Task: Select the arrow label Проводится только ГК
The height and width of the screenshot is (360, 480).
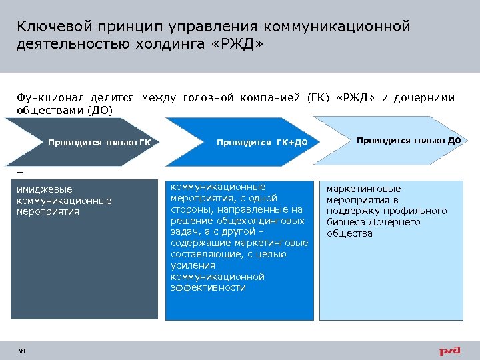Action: (x=99, y=142)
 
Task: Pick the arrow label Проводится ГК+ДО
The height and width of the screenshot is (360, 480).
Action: (x=262, y=143)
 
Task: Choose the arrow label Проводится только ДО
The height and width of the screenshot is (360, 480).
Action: (x=408, y=140)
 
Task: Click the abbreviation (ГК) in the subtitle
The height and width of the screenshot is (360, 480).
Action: (x=319, y=98)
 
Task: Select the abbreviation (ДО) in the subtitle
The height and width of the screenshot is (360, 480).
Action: (x=100, y=110)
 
